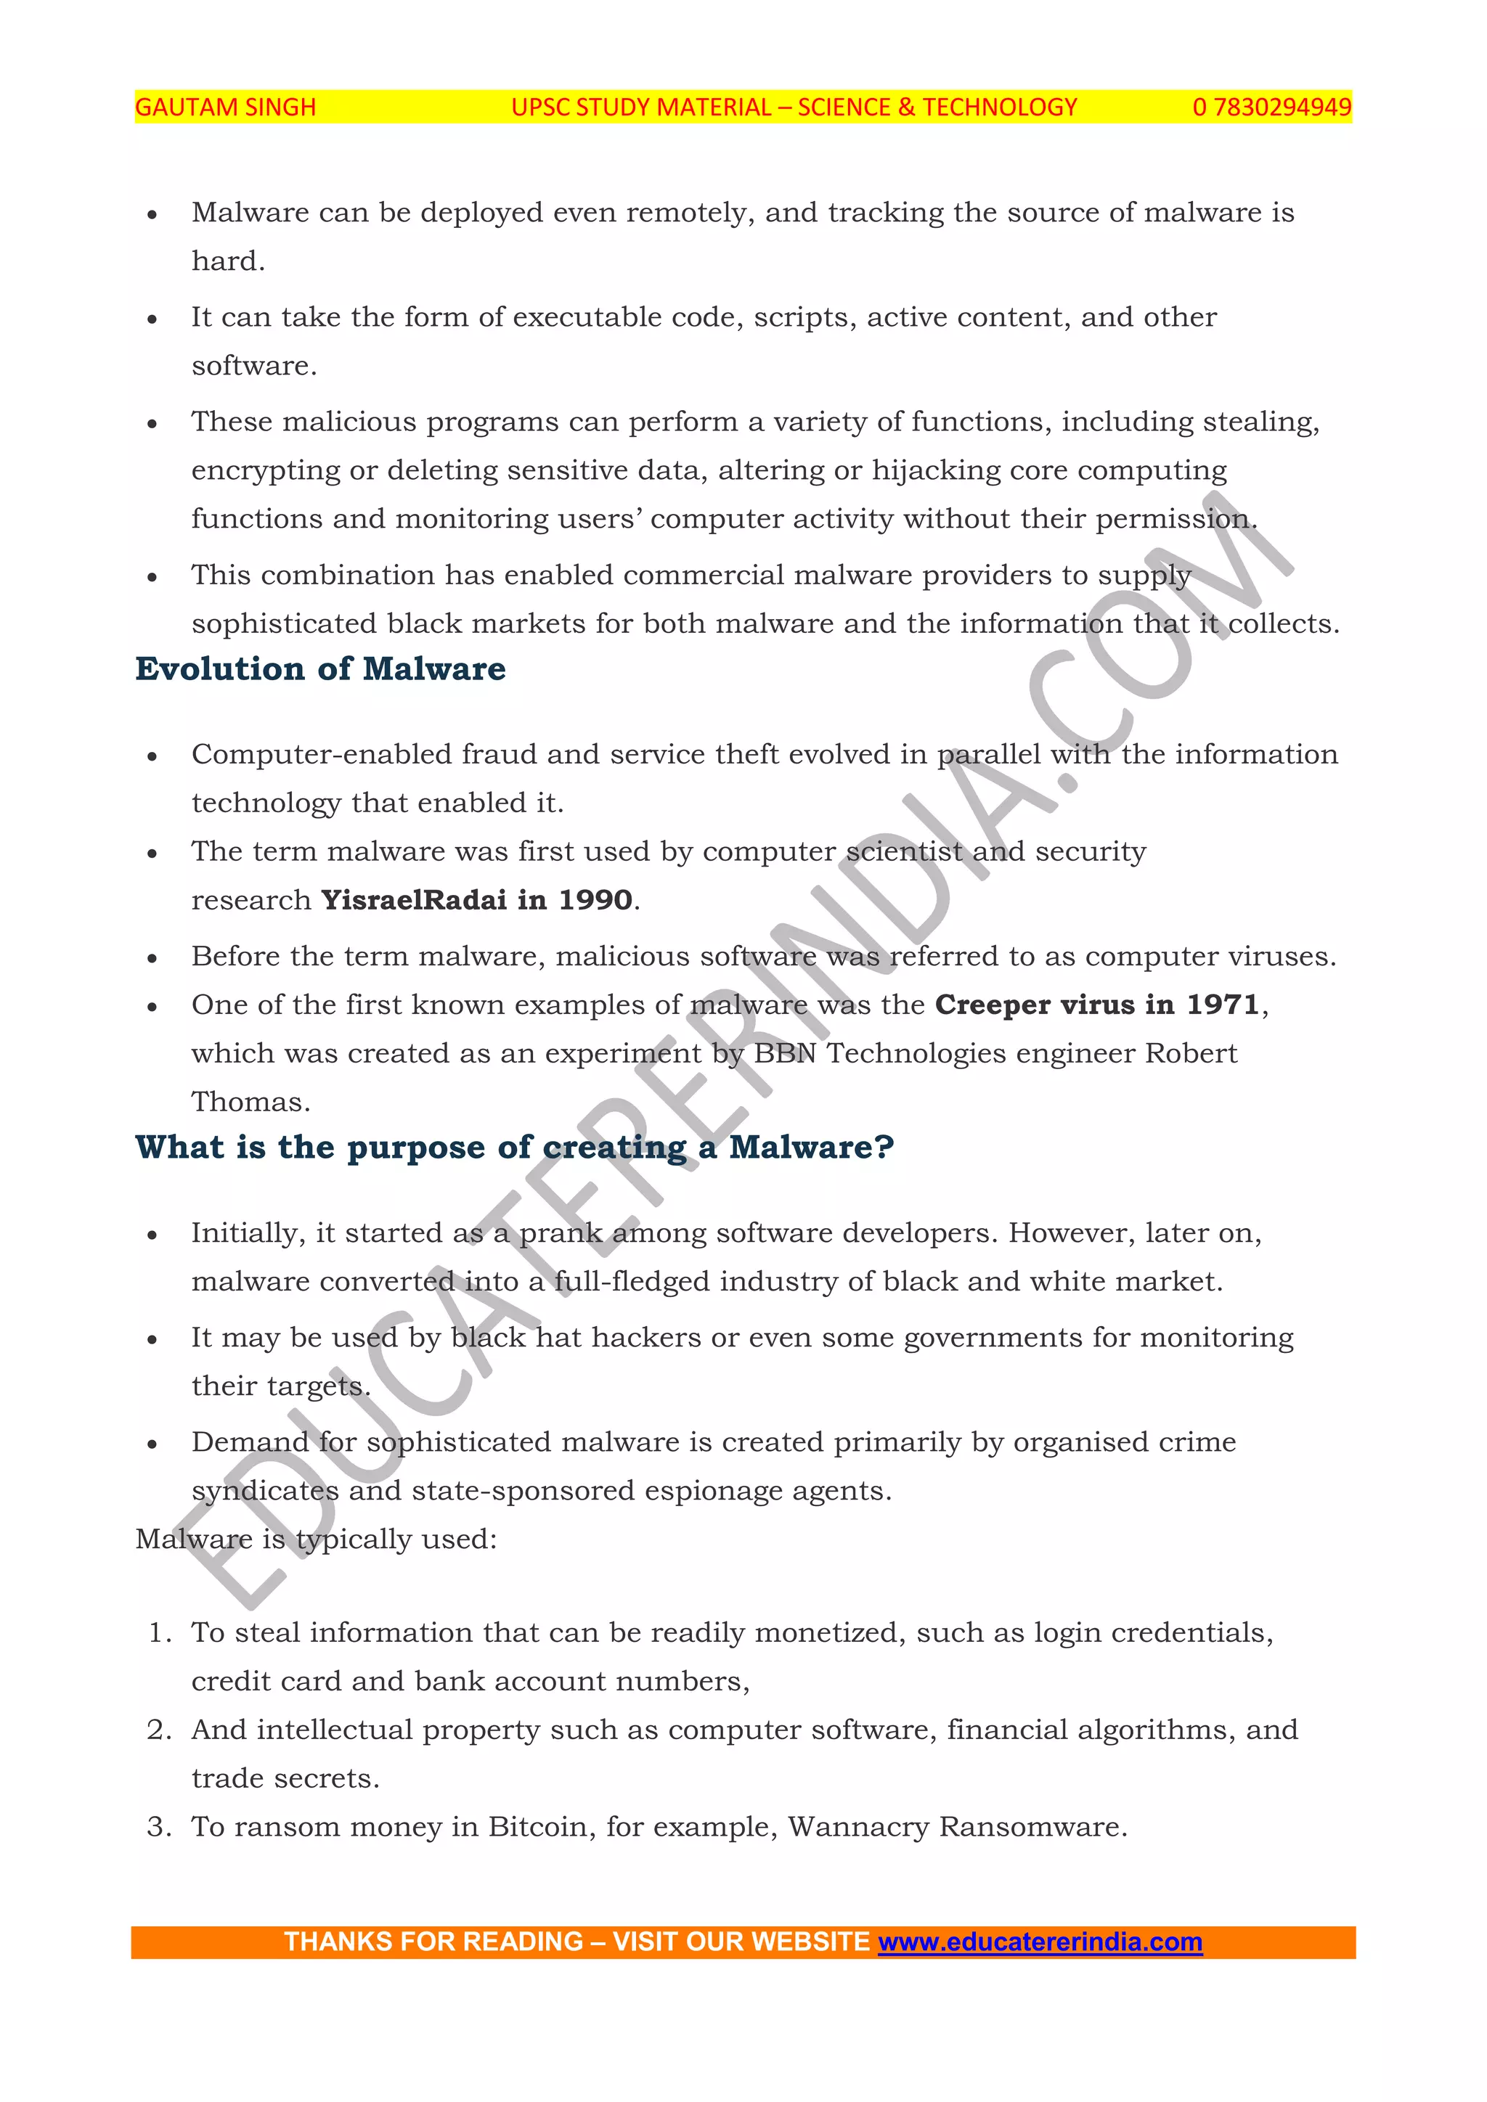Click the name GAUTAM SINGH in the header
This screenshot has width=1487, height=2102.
[x=225, y=108]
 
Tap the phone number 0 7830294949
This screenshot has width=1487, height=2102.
[x=1271, y=108]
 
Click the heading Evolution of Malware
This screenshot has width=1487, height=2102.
[x=320, y=669]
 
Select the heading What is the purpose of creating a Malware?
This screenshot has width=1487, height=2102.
[x=515, y=1147]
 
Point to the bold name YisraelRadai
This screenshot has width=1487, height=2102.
[x=413, y=900]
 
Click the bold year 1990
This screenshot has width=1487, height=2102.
[x=595, y=900]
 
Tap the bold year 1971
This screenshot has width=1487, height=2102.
[x=1223, y=1005]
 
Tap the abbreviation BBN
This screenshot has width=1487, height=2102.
[x=785, y=1053]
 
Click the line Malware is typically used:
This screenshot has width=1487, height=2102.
[x=316, y=1539]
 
